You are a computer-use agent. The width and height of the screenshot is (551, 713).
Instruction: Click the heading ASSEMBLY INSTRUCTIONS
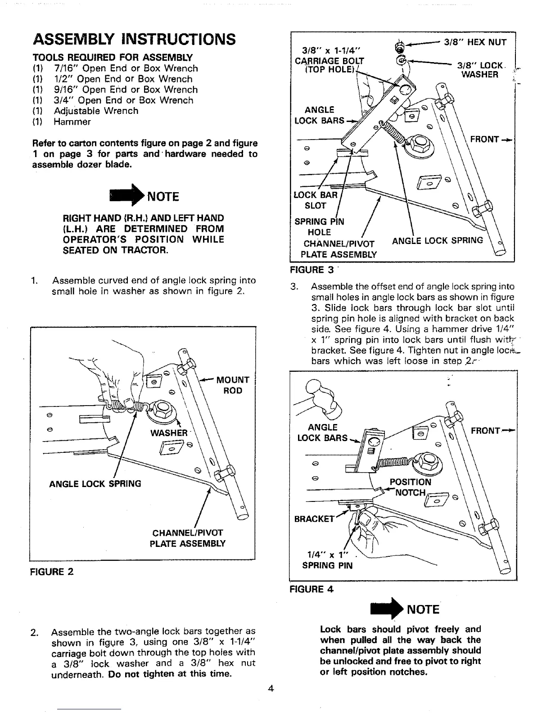(134, 40)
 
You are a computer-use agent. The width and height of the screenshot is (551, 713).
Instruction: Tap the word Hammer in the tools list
(72, 122)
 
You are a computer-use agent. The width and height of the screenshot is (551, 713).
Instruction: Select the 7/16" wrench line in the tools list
(115, 68)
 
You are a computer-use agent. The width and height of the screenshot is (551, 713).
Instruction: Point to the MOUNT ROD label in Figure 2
(232, 385)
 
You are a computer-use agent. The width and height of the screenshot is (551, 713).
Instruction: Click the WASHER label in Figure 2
(169, 433)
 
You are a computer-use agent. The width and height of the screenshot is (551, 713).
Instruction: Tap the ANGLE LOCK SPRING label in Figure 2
(95, 484)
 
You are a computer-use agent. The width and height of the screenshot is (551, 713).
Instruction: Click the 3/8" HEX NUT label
(475, 42)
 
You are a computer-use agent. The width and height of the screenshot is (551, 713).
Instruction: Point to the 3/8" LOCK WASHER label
(479, 70)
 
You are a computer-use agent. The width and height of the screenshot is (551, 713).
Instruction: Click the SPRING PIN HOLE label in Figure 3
(319, 227)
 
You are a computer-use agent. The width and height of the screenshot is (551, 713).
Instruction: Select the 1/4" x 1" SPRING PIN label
(327, 560)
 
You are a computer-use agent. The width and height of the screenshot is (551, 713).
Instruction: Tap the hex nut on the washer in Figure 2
(161, 410)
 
